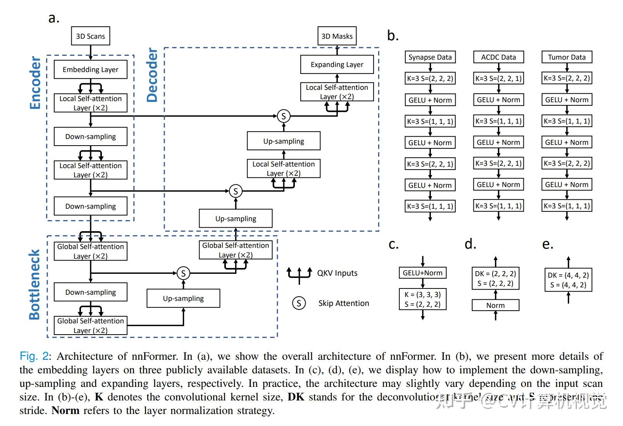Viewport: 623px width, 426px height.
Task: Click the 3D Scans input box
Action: [90, 36]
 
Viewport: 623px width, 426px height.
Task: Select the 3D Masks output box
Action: [337, 36]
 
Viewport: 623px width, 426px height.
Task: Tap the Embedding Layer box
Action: [90, 70]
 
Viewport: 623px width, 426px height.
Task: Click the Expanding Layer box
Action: [337, 65]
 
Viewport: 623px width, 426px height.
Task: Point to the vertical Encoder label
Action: [35, 83]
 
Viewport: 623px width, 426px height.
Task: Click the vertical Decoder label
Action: [152, 75]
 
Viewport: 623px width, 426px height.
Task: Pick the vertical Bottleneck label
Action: [34, 285]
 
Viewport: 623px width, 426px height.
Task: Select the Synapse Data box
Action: [430, 57]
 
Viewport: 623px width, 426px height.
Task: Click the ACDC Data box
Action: [498, 57]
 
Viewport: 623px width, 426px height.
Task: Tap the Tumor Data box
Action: [566, 57]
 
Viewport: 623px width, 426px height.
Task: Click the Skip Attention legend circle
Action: [299, 303]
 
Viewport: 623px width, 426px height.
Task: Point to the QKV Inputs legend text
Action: [337, 273]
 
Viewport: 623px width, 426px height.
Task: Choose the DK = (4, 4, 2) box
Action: [568, 280]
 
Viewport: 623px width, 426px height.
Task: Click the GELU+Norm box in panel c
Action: [422, 273]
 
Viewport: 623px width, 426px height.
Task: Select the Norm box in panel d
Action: [495, 306]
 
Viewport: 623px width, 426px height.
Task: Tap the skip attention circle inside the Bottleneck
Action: [183, 273]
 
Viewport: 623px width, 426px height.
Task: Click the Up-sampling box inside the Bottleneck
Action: [183, 299]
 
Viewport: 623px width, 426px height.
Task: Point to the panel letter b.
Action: [392, 36]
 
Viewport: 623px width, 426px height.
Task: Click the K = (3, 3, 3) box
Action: [422, 299]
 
